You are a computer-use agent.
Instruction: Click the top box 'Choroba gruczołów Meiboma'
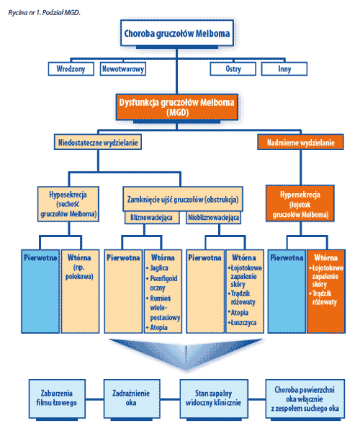coord(177,33)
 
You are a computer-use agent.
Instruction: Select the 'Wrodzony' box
coord(71,68)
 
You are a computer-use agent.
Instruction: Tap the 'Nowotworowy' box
coord(123,68)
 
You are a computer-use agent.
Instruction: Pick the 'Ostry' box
coord(233,68)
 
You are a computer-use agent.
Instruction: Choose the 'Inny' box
coord(284,68)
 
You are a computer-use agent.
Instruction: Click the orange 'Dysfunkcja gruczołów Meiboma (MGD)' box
coord(177,107)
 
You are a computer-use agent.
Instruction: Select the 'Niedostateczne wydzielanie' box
coord(98,142)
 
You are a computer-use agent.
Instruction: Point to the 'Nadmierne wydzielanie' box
coord(300,142)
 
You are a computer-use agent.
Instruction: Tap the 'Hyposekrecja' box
coord(68,204)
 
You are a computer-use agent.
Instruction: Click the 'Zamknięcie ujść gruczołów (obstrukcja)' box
coord(183,199)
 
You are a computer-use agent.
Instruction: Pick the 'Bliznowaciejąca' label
coord(152,218)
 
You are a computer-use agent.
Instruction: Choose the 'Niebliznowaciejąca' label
coord(214,218)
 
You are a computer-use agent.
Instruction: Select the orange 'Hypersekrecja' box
coord(300,203)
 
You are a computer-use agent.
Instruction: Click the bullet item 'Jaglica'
coord(158,268)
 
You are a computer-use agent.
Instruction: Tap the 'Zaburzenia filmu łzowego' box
coord(57,399)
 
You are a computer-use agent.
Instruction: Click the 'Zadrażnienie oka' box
coord(132,399)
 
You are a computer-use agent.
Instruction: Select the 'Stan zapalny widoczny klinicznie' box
coord(214,399)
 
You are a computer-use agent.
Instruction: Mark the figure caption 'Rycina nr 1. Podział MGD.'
coord(44,12)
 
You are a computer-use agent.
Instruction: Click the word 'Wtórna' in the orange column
coord(326,257)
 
